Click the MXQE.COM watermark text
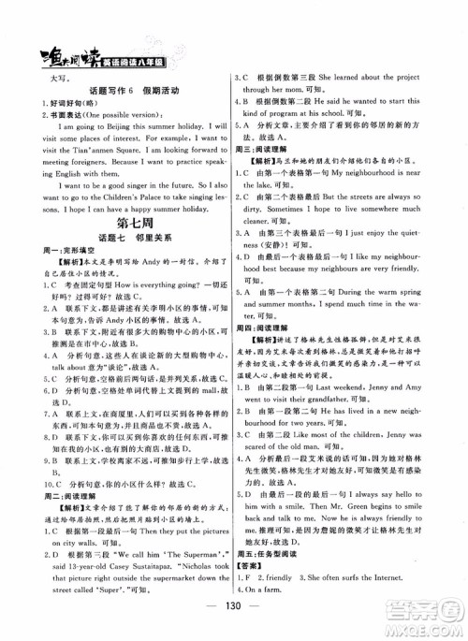click(x=425, y=622)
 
